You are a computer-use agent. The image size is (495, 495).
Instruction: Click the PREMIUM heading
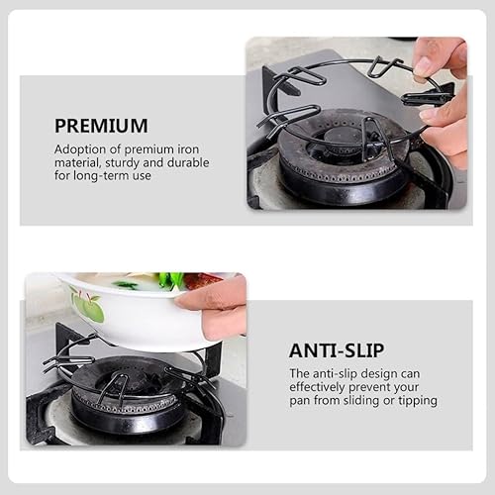101,126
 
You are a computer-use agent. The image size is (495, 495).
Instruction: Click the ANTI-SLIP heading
338,349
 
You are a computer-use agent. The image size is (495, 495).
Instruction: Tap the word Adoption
80,148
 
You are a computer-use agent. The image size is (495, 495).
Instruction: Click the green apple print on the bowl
88,309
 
